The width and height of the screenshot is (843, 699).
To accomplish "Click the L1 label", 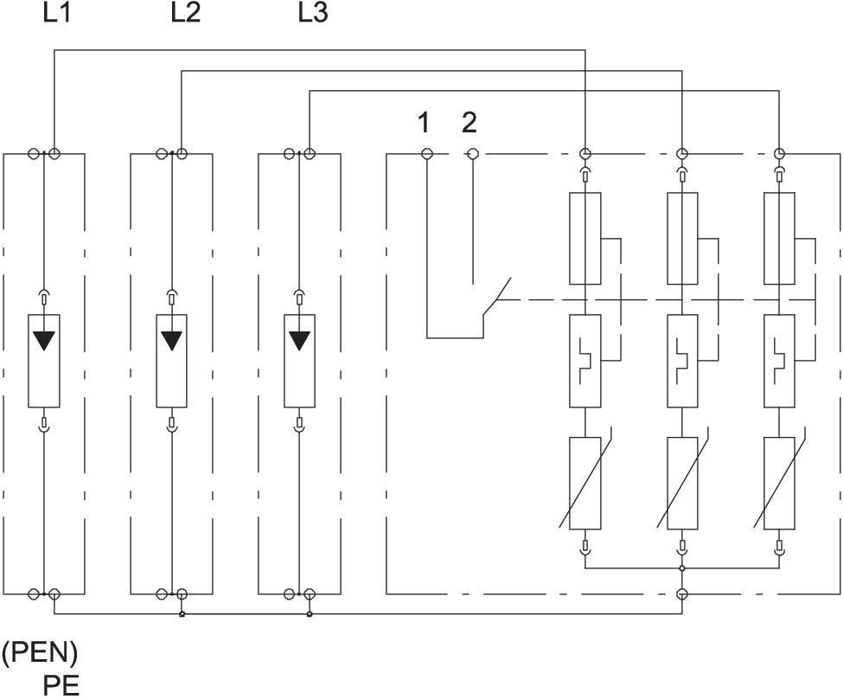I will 56,15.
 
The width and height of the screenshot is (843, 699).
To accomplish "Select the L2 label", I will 185,15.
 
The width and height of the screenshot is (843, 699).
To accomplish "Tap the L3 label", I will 313,15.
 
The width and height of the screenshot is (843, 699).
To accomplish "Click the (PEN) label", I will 40,652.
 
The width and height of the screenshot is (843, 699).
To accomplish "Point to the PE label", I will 61,684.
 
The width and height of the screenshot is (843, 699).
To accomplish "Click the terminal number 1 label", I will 424,123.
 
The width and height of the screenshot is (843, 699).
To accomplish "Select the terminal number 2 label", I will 469,123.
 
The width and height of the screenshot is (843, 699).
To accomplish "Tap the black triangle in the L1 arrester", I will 44,339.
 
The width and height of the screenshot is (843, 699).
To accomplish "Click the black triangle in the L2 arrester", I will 172,339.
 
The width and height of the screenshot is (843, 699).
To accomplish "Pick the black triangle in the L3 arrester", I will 300,339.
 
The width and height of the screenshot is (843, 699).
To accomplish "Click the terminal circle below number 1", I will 427,154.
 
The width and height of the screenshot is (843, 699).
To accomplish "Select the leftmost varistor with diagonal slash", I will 585,483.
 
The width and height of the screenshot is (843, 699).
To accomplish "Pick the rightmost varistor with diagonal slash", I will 780,483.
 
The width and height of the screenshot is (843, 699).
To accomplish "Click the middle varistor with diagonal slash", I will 682,483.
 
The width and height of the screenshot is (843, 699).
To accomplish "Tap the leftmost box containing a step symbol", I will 585,361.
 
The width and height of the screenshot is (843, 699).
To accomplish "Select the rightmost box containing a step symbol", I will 780,361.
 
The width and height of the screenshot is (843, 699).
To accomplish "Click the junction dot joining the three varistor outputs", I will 682,568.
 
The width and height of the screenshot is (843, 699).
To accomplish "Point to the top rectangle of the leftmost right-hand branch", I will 585,239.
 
